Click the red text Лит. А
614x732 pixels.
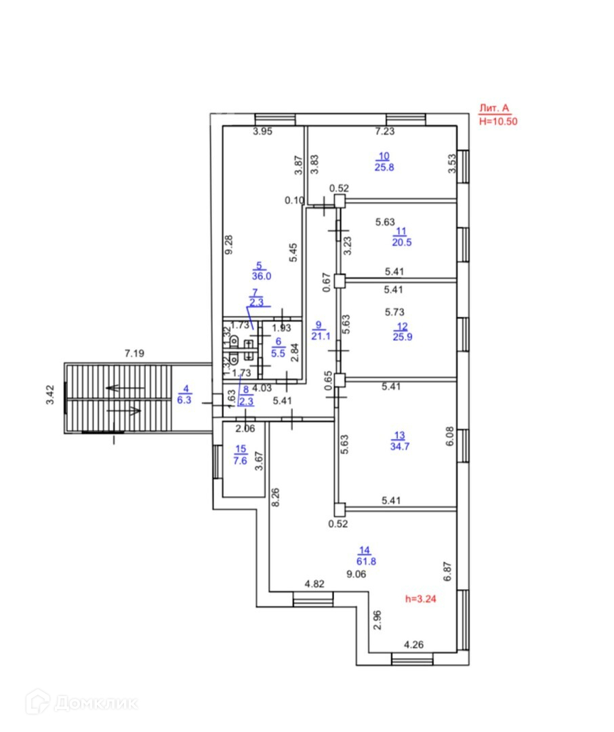(493, 108)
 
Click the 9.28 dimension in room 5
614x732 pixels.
(232, 245)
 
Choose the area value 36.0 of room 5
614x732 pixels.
(258, 277)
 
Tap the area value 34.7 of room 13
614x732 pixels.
(398, 447)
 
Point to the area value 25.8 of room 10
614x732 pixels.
(384, 167)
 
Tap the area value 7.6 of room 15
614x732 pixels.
(241, 460)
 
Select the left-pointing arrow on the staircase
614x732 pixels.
(125, 388)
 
